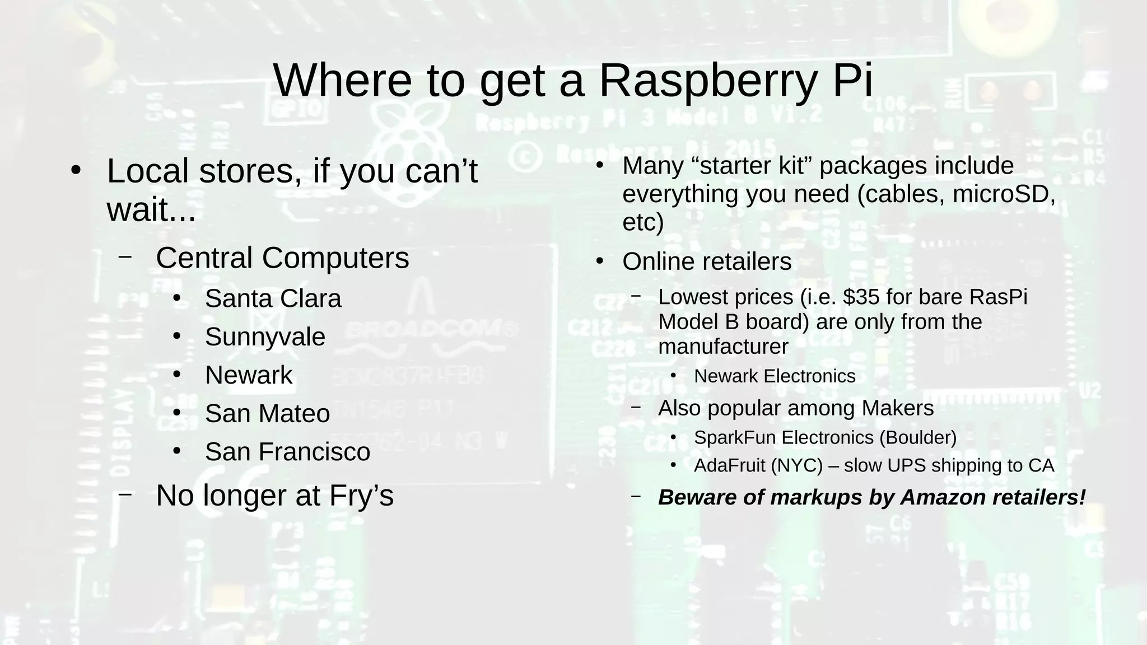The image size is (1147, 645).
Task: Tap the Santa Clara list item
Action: (x=273, y=299)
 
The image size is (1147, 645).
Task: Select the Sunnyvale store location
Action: (x=265, y=337)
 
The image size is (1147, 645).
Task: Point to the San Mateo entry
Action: (x=267, y=414)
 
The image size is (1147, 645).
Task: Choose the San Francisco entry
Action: (x=287, y=452)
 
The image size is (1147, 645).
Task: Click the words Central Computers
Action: (x=282, y=258)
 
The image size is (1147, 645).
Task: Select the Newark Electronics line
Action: (x=775, y=376)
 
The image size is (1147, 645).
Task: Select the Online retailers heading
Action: (x=707, y=261)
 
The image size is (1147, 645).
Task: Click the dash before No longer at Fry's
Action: (x=125, y=494)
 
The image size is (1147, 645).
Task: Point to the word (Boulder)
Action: (x=918, y=437)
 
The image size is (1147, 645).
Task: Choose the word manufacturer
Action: (x=723, y=347)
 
